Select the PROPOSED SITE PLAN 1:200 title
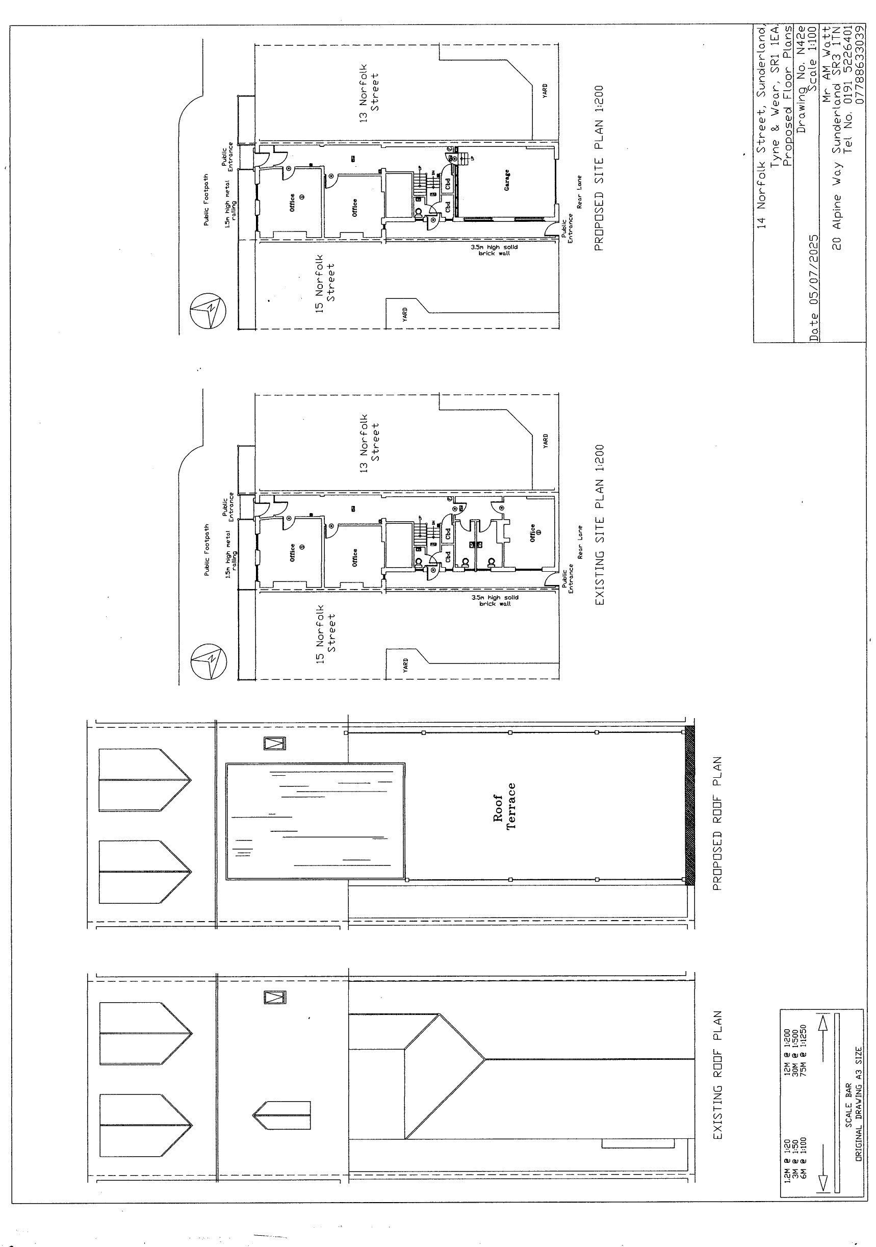(599, 168)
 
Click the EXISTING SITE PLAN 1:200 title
(599, 525)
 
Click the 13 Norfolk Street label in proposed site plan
(369, 92)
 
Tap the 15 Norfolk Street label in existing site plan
(325, 633)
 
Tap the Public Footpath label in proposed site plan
(206, 199)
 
